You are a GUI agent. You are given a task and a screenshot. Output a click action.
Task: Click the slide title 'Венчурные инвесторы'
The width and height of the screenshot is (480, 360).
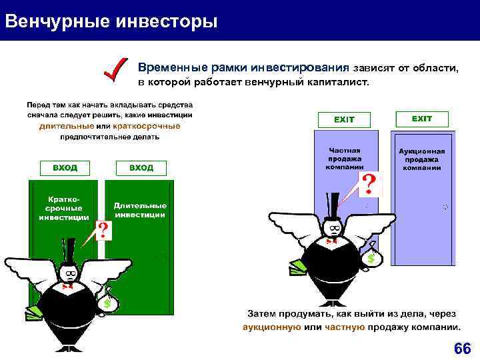(111, 21)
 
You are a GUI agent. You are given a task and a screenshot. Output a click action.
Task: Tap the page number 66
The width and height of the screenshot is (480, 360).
(462, 349)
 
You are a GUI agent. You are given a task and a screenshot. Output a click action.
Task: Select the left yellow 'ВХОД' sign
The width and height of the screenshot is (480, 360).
(65, 168)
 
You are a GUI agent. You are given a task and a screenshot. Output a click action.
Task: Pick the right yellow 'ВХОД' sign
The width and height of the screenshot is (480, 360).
(141, 168)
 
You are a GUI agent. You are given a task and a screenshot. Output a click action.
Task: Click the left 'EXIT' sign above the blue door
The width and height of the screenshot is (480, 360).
(344, 119)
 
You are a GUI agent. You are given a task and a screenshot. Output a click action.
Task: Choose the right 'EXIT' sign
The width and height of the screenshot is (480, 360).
(421, 119)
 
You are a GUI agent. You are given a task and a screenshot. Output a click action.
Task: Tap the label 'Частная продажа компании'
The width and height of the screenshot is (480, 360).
(344, 159)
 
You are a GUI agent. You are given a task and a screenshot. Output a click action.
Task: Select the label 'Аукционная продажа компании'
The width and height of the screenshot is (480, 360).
(421, 159)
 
